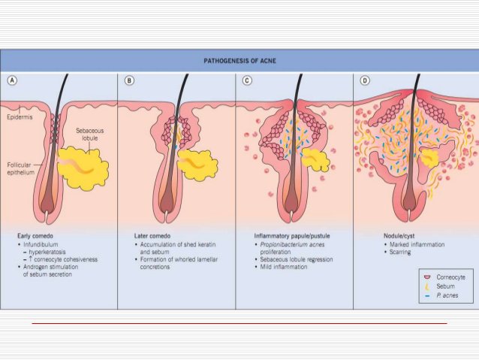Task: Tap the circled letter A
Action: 13,80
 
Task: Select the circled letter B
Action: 130,80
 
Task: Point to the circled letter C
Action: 247,80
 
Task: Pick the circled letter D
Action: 365,80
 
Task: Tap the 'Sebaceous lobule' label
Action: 91,135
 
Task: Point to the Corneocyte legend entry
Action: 448,277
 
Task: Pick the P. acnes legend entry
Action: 444,297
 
